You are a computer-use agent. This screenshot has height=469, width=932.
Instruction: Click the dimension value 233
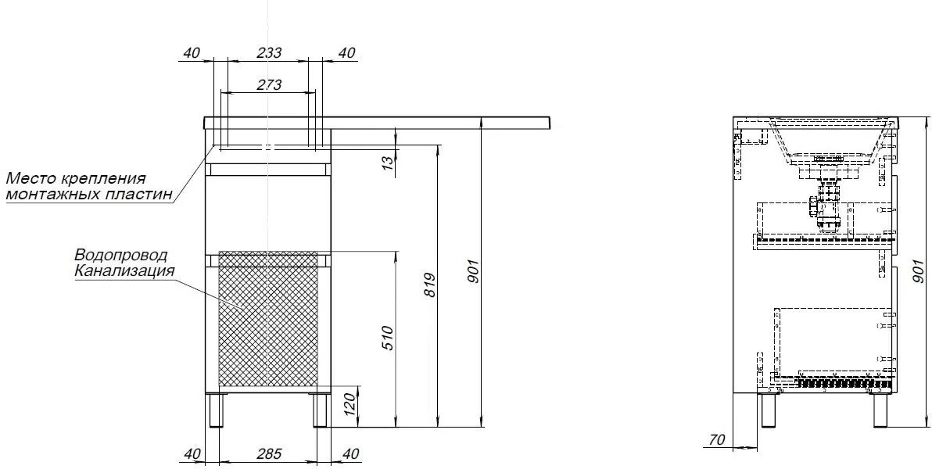click(x=269, y=52)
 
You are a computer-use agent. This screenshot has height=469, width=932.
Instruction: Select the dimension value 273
click(x=269, y=84)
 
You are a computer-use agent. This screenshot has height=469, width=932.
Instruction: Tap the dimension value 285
click(x=269, y=453)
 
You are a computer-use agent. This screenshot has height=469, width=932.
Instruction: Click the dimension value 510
click(x=387, y=338)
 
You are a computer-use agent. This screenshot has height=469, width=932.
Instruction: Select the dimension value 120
click(x=349, y=403)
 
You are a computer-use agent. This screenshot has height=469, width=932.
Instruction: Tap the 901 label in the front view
click(x=472, y=271)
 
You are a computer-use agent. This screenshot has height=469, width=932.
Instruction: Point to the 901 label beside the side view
click(x=919, y=272)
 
